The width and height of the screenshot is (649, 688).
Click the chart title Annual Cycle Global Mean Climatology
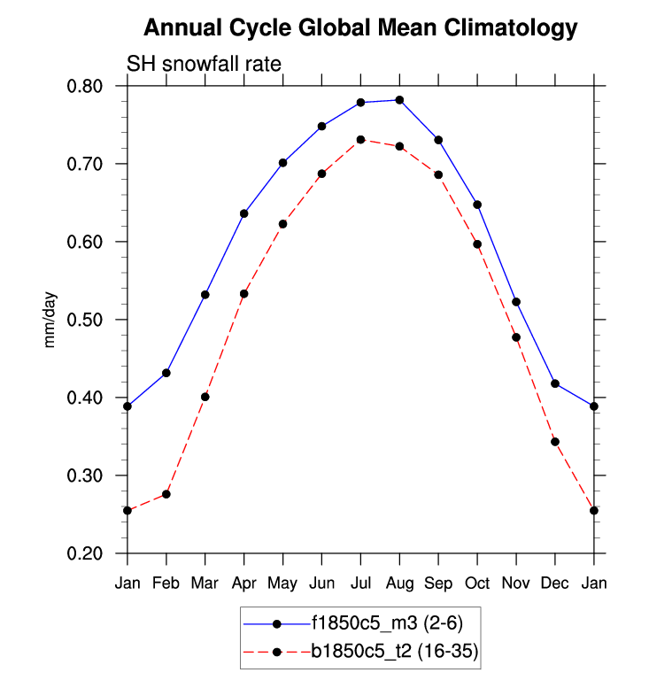point(359,28)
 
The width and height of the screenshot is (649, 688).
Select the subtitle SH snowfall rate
point(205,64)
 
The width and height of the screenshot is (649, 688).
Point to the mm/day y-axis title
point(50,321)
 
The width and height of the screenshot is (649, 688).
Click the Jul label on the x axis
point(360,584)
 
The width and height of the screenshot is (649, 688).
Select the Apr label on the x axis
point(243,584)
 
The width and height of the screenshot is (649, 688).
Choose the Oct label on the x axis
point(477,584)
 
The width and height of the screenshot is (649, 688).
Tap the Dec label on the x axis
point(555,584)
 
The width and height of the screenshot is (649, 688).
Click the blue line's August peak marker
point(399,100)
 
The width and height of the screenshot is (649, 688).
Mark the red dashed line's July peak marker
point(360,139)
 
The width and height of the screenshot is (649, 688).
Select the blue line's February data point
point(166,373)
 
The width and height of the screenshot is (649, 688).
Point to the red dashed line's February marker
point(166,494)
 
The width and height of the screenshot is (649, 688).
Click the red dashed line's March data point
point(205,397)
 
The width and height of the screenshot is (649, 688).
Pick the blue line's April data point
point(243,213)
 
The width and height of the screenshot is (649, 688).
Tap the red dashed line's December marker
point(555,441)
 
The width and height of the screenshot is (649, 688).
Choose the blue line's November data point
point(516,302)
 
